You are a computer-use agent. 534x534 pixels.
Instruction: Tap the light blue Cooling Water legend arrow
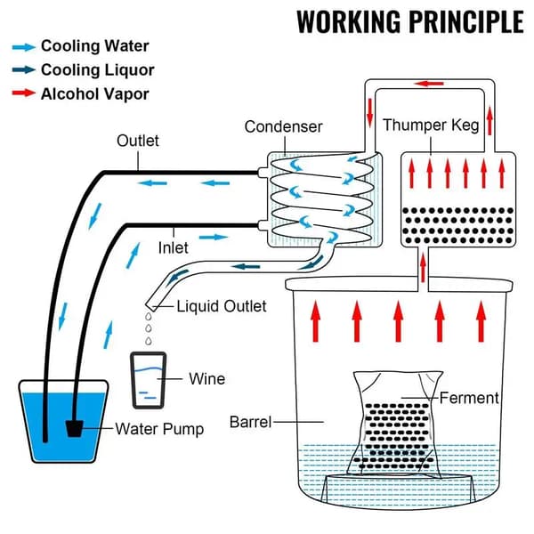tap(23, 47)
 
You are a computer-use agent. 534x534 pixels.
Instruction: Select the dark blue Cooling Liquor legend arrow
tap(23, 69)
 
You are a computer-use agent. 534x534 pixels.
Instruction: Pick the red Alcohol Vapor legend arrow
tap(23, 93)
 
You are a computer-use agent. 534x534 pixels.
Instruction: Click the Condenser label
tap(283, 126)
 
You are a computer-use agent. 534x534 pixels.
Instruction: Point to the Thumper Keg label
tap(431, 125)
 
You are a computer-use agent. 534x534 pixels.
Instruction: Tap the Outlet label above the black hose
tap(138, 141)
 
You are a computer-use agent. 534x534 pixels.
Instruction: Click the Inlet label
tap(173, 247)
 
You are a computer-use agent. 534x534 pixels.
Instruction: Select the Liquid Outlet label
tap(222, 306)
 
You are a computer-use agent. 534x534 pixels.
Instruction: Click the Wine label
tap(207, 379)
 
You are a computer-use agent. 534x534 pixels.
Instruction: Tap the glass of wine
tap(149, 380)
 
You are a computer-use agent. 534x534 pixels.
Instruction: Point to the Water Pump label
tap(159, 429)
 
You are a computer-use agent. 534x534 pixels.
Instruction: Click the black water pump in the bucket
tap(75, 428)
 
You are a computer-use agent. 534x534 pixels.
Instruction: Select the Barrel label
tap(250, 422)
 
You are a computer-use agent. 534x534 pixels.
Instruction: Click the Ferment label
tap(469, 398)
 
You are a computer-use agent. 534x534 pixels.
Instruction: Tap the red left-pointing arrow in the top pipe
tap(429, 84)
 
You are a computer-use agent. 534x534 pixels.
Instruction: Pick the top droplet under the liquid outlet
tap(149, 317)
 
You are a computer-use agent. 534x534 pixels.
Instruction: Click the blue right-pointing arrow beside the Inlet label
tap(214, 237)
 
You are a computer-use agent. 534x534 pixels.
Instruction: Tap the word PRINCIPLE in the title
tap(466, 21)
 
